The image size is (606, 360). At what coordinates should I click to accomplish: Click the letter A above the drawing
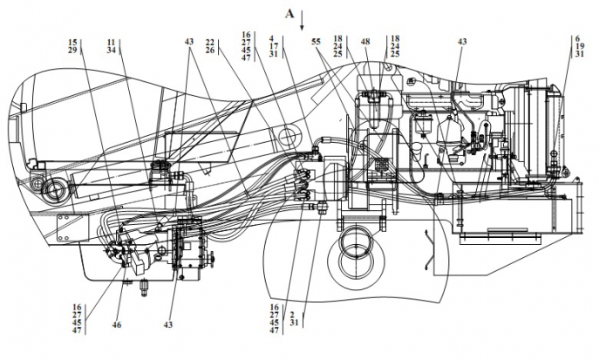(x=289, y=14)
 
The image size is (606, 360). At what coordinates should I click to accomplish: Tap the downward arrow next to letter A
(x=302, y=21)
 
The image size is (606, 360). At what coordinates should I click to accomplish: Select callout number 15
(x=72, y=42)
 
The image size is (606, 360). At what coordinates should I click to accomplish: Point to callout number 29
(x=72, y=50)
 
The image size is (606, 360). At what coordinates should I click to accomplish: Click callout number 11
(x=112, y=42)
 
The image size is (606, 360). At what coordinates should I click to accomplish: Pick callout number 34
(x=112, y=50)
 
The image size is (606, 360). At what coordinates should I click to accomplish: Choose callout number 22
(x=210, y=42)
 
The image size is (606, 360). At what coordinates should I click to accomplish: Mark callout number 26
(x=210, y=50)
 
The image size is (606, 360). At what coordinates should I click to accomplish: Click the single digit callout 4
(x=272, y=38)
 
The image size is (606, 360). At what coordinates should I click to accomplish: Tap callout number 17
(x=274, y=46)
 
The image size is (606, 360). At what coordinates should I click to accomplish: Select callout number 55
(x=316, y=41)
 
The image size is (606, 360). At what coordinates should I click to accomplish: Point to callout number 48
(x=365, y=41)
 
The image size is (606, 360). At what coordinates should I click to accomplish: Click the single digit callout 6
(x=577, y=38)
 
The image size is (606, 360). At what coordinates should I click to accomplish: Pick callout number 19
(x=579, y=46)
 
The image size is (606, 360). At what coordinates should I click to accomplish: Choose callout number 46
(x=117, y=325)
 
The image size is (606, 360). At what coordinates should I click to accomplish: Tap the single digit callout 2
(x=292, y=315)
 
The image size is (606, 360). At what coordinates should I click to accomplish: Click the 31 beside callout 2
(x=294, y=323)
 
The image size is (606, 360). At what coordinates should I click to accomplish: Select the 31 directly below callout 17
(x=274, y=54)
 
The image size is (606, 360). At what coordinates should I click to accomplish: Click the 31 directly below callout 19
(x=579, y=54)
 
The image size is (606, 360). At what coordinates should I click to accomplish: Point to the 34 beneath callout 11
(x=112, y=50)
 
